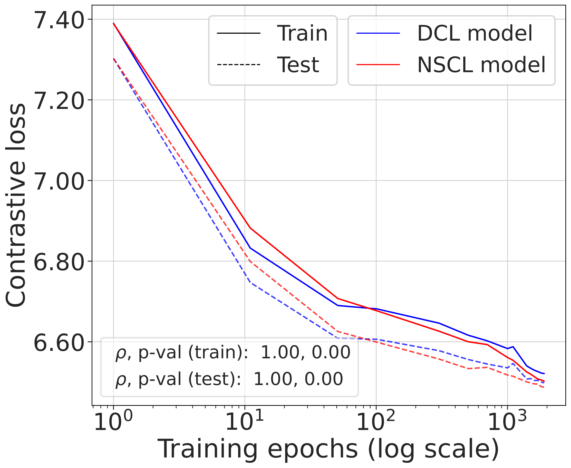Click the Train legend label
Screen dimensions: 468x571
point(302,33)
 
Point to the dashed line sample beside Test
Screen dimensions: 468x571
point(238,65)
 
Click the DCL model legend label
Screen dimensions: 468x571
point(475,33)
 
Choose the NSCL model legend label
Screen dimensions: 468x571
point(481,65)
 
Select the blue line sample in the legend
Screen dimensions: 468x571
point(378,33)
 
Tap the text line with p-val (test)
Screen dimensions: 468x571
point(229,379)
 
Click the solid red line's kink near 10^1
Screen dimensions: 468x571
point(250,228)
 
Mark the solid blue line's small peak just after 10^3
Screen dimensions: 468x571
point(513,347)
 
